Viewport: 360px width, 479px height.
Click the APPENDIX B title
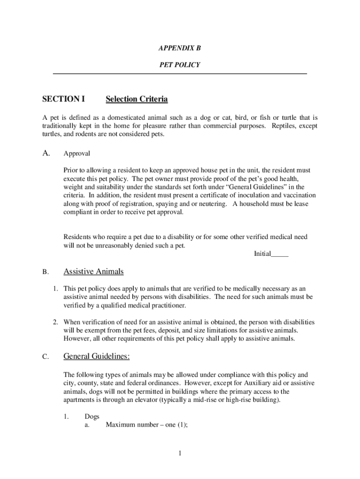(180, 48)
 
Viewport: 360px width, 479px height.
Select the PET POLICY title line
(180, 65)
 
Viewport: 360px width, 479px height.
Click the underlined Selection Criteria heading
(137, 99)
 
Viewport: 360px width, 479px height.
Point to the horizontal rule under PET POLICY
(180, 74)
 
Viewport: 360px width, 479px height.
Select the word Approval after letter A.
(77, 153)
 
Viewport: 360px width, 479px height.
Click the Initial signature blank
(280, 254)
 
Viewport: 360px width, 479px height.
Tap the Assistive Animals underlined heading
(94, 271)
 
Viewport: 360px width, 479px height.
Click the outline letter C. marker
(45, 357)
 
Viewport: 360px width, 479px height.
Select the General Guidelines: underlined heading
(96, 356)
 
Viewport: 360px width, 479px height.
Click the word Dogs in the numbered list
(92, 416)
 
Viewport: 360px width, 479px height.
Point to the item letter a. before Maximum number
(87, 425)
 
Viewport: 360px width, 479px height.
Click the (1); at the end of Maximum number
(174, 425)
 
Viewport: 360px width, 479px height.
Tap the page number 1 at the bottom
(180, 454)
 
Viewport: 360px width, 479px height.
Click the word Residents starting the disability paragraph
(78, 237)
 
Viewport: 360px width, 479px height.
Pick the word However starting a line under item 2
(77, 339)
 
